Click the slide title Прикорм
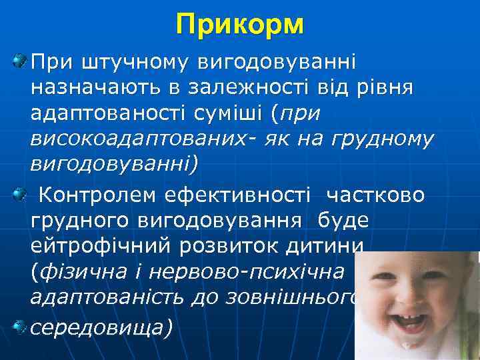(x=240, y=25)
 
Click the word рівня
(x=384, y=87)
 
